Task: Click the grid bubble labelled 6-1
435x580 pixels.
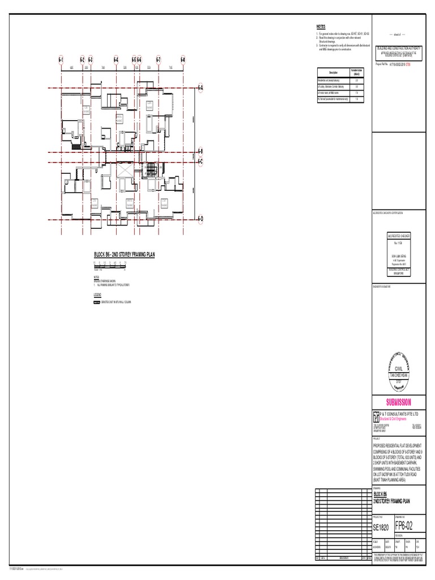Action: [60, 59]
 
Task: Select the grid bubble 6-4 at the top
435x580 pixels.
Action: [116, 59]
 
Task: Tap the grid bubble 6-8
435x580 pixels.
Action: [183, 59]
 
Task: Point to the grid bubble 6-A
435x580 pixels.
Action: [200, 88]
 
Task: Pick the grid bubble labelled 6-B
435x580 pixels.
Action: [200, 151]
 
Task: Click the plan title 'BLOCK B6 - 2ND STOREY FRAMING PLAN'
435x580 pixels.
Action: [124, 255]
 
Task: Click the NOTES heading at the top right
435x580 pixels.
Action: [321, 27]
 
